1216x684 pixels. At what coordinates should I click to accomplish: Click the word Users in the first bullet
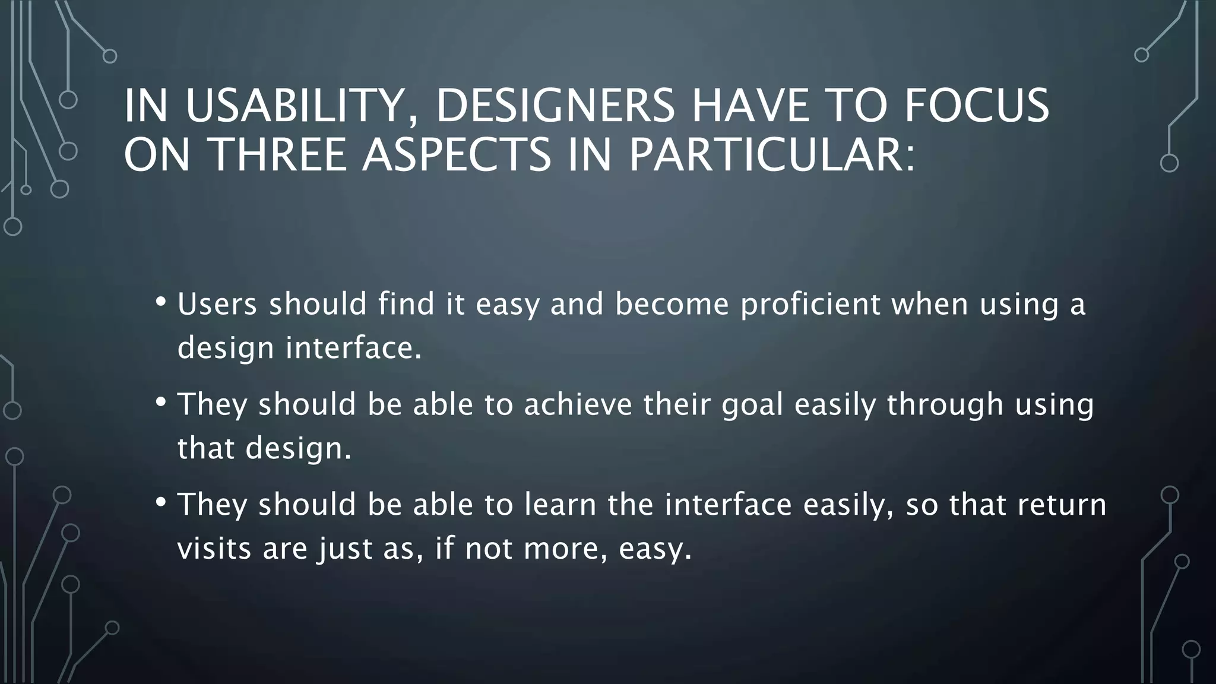[217, 305]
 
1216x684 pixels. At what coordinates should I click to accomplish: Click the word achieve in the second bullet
[578, 404]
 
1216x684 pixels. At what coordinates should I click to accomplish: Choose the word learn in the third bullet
[560, 505]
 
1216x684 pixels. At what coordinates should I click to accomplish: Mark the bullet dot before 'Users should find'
[160, 302]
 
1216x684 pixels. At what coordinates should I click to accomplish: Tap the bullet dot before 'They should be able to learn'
[160, 502]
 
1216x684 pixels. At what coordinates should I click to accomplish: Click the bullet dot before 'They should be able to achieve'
[160, 402]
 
